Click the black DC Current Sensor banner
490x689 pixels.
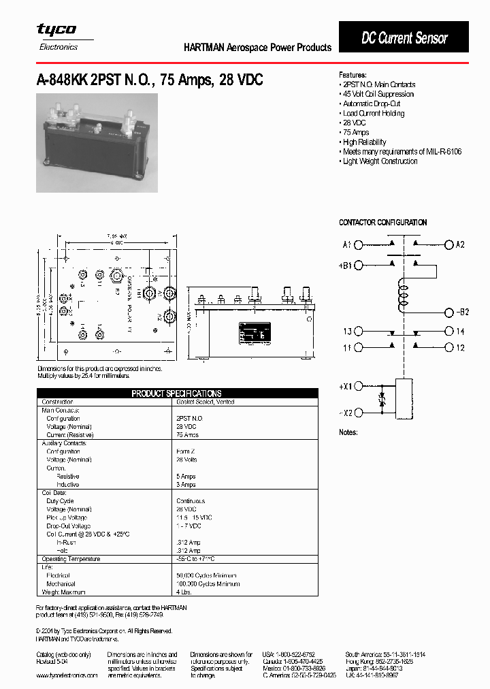point(404,38)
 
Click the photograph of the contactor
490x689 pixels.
point(97,143)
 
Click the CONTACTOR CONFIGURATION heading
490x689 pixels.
point(382,223)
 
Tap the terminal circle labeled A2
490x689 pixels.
point(448,244)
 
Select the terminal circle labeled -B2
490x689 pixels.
point(448,313)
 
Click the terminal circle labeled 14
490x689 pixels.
point(448,332)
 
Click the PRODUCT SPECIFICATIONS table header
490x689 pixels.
point(176,394)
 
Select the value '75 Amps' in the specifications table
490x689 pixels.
point(188,434)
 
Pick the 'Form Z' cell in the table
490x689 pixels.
point(185,451)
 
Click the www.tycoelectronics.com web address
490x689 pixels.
point(67,675)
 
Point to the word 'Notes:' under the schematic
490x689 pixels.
point(348,432)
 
